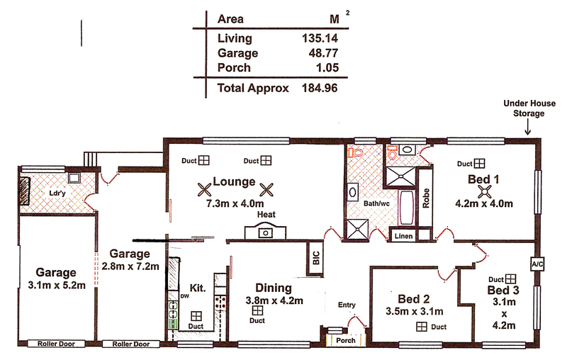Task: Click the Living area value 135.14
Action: [320, 38]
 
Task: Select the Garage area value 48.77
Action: [323, 53]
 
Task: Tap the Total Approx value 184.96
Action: [320, 88]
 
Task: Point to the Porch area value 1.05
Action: [327, 67]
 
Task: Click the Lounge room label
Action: [234, 181]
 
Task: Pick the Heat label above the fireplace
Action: [266, 214]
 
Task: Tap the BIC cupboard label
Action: [315, 258]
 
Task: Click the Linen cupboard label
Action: [403, 236]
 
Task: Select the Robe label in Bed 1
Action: [426, 198]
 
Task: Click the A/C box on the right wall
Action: [537, 264]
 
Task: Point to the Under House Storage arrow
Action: [527, 128]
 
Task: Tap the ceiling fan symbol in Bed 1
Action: [484, 192]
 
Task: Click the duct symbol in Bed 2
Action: [422, 327]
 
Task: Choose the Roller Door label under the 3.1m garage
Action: [57, 344]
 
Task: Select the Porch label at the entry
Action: [346, 340]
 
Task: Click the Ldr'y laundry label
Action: [57, 193]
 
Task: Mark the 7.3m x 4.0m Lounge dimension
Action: [235, 203]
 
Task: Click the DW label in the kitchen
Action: [184, 296]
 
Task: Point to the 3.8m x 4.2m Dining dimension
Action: [274, 300]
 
